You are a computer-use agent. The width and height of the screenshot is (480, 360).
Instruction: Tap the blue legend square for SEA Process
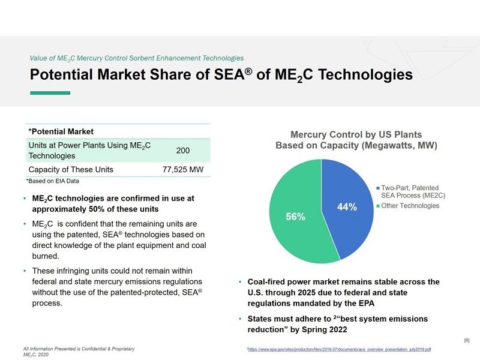pyautogui.click(x=377, y=187)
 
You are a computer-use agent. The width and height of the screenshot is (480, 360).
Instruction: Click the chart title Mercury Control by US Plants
pyautogui.click(x=356, y=134)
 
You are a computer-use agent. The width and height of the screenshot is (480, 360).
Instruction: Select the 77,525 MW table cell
pyautogui.click(x=183, y=170)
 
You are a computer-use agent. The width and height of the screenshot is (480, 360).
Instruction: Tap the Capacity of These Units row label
pyautogui.click(x=71, y=170)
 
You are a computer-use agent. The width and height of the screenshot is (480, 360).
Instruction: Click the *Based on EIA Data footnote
pyautogui.click(x=53, y=181)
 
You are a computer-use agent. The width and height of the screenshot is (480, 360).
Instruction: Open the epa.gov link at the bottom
pyautogui.click(x=340, y=349)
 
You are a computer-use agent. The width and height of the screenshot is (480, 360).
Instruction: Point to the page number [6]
pyautogui.click(x=467, y=341)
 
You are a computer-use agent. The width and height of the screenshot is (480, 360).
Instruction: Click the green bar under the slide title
pyautogui.click(x=50, y=92)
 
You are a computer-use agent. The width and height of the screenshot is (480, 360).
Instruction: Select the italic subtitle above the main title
pyautogui.click(x=137, y=58)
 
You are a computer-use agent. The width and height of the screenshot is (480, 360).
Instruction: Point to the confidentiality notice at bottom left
pyautogui.click(x=79, y=349)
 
